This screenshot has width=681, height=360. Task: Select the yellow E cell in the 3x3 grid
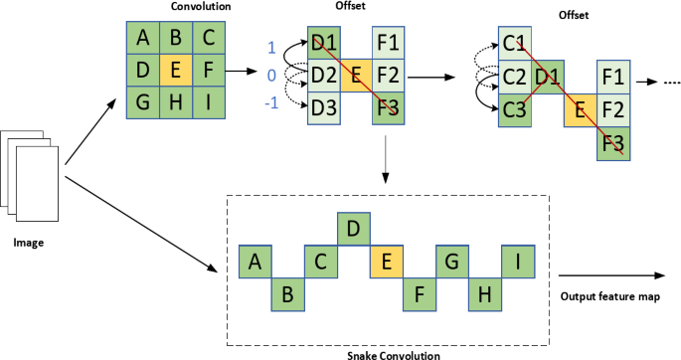click(175, 71)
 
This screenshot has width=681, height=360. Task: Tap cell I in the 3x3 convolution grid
click(206, 101)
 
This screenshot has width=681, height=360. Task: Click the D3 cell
click(323, 105)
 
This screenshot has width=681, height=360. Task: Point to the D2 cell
click(323, 75)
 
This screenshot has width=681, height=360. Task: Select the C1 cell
click(514, 45)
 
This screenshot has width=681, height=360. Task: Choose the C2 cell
click(514, 77)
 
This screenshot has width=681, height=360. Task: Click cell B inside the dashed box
click(287, 293)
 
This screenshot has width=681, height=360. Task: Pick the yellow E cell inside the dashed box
click(384, 263)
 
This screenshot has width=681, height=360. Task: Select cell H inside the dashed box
click(486, 293)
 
